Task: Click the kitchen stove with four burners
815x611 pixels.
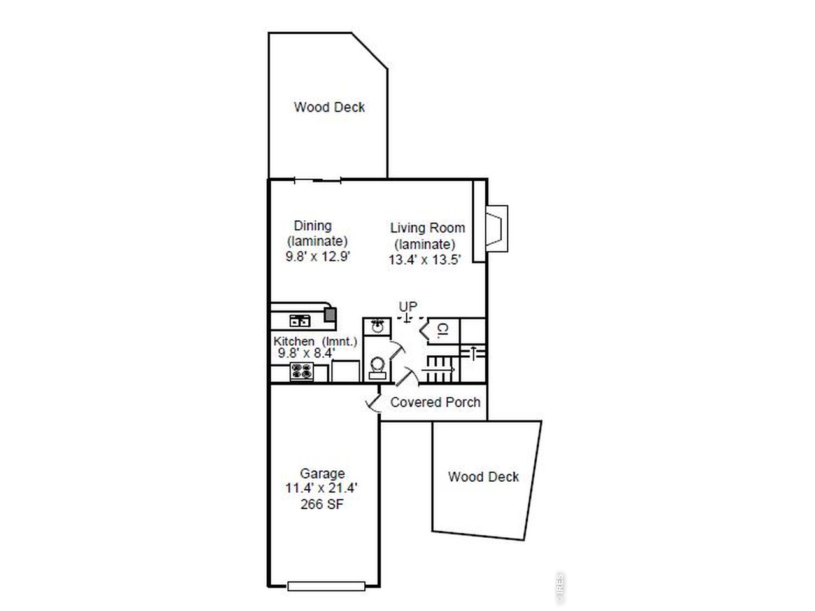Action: [302, 371]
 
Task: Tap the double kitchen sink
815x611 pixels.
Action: [299, 321]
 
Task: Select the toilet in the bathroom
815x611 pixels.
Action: [377, 367]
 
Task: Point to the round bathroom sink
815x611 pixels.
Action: [377, 327]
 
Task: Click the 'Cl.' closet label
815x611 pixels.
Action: [443, 330]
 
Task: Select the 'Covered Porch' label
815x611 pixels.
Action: [435, 402]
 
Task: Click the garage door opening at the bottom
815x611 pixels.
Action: [326, 586]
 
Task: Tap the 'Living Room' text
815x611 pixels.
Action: [427, 228]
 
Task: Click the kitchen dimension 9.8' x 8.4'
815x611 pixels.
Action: [306, 354]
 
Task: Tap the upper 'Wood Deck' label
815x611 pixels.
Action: [329, 107]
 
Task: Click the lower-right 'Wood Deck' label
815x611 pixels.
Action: [483, 477]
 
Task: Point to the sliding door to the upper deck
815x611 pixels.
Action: [318, 181]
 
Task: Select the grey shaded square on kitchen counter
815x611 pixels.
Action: [330, 314]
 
